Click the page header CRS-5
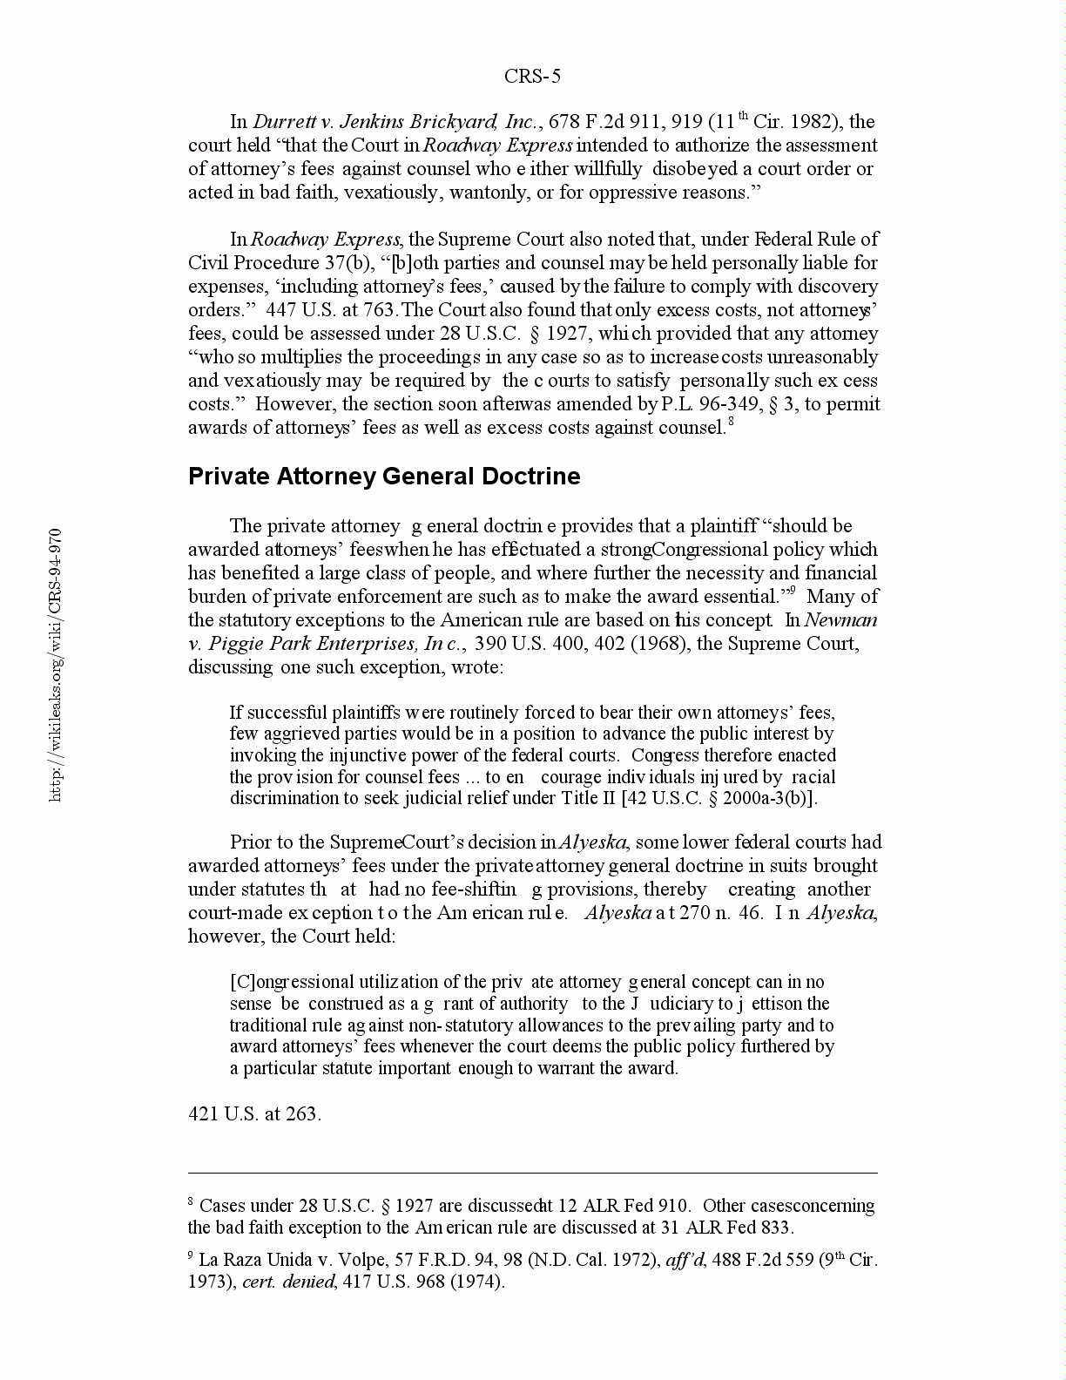point(532,77)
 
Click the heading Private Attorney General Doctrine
point(384,477)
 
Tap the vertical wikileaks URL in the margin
point(56,664)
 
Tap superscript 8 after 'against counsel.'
point(732,423)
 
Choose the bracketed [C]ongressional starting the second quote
point(292,983)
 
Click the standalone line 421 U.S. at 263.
point(254,1114)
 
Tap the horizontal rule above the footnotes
point(532,1173)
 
